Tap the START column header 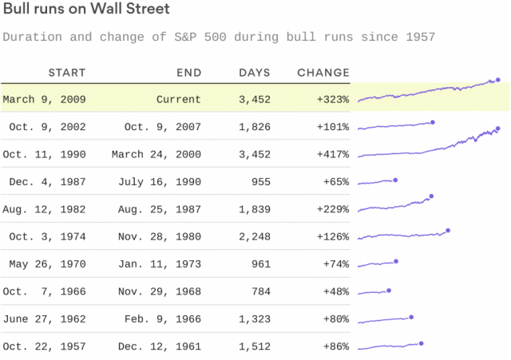(67, 73)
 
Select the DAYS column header (255, 73)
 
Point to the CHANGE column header (323, 73)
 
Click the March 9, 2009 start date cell (45, 100)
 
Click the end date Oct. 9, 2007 (163, 127)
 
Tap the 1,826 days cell (255, 127)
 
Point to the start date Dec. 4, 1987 (47, 181)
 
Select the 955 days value (260, 181)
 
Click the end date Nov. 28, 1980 (163, 236)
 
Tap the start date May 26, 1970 (47, 263)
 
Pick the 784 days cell (260, 291)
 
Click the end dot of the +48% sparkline (389, 291)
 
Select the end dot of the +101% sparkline (432, 122)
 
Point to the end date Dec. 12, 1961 (163, 346)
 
